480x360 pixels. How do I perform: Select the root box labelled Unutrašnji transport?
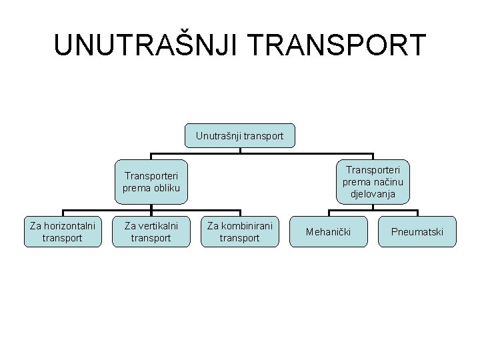click(239, 136)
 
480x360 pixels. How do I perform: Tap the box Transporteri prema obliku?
click(151, 182)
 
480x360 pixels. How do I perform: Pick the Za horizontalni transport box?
click(63, 231)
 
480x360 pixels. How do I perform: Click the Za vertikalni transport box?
click(151, 231)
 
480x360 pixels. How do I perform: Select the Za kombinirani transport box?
click(239, 231)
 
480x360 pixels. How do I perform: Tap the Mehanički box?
click(328, 232)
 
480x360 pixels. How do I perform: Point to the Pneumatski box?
click(417, 232)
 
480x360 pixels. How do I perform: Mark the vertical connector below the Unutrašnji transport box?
click(240, 151)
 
